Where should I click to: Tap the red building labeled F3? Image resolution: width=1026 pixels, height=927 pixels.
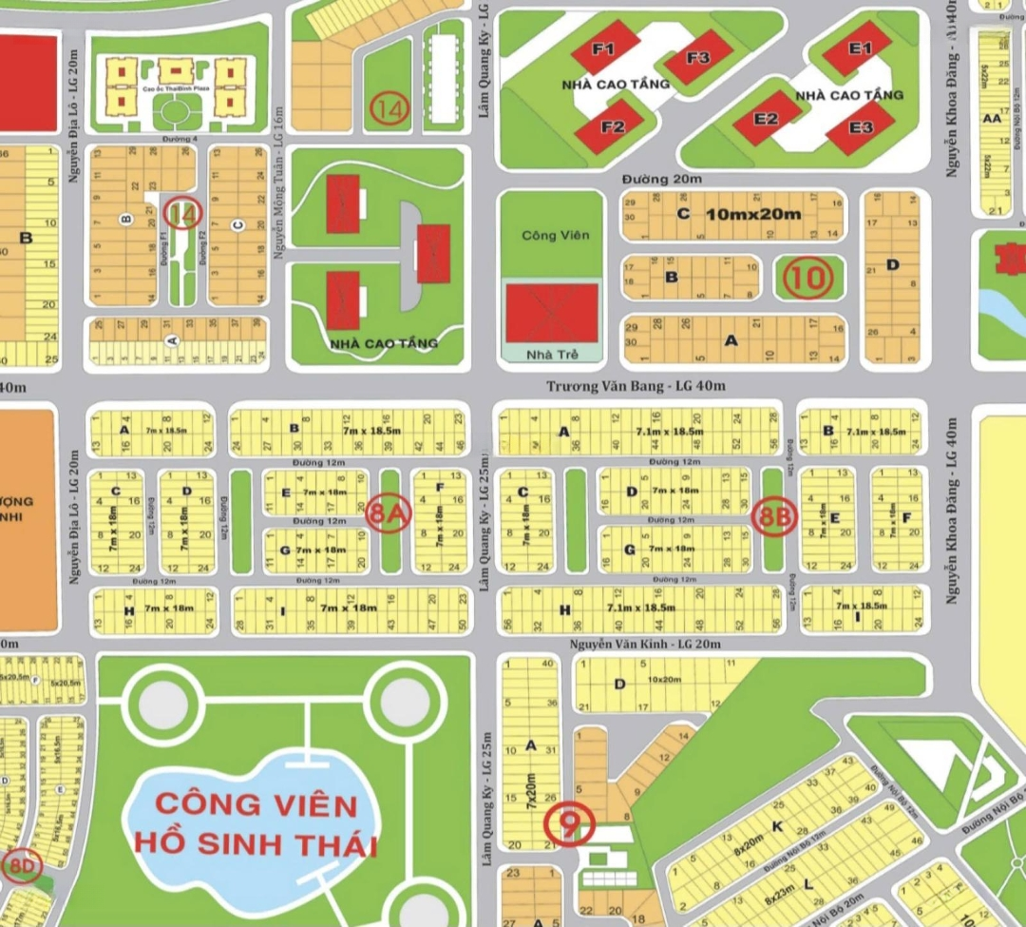click(x=697, y=58)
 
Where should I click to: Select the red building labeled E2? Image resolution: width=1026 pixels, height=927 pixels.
click(x=767, y=119)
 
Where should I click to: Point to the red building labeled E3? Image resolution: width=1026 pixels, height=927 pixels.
click(x=861, y=127)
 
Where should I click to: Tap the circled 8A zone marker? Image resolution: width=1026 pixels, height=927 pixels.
click(x=388, y=513)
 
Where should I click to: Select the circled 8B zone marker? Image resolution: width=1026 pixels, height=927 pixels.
click(x=772, y=517)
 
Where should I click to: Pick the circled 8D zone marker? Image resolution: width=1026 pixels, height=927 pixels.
click(x=22, y=866)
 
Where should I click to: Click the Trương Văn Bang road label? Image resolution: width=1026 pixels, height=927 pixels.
click(x=636, y=386)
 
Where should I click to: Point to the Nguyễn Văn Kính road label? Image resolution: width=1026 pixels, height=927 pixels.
click(x=645, y=645)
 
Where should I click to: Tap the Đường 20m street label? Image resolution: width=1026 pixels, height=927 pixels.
click(x=662, y=179)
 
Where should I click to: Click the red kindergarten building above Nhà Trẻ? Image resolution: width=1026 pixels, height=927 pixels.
click(x=552, y=313)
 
